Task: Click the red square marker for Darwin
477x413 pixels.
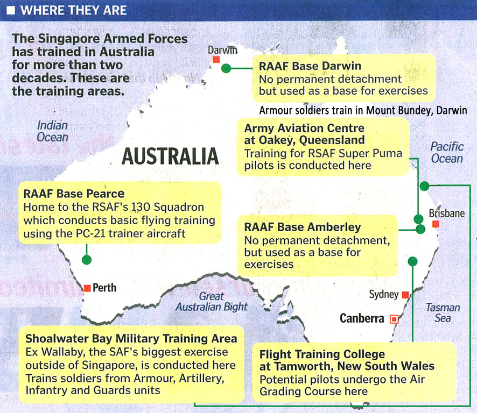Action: click(216, 59)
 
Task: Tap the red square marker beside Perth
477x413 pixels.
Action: click(87, 288)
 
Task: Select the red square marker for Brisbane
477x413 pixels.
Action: click(436, 224)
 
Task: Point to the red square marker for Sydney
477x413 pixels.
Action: click(405, 295)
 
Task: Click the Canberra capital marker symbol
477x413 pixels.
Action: click(394, 319)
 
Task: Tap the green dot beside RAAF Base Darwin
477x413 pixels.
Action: click(226, 68)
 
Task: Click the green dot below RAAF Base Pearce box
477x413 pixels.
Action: click(87, 260)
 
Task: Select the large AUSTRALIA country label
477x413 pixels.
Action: click(170, 156)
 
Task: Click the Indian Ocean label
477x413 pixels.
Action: click(52, 131)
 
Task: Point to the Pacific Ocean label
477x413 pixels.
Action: click(446, 152)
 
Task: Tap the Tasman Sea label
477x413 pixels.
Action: click(443, 312)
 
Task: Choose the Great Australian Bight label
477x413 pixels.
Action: click(212, 302)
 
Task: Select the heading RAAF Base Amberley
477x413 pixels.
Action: click(303, 227)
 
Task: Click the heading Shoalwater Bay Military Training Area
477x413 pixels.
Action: click(131, 339)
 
